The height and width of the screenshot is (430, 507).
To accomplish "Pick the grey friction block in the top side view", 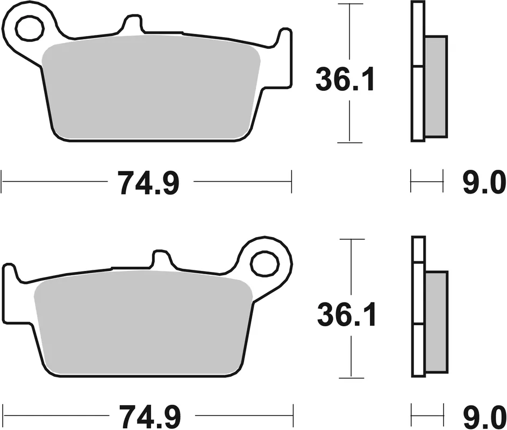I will click(x=436, y=85).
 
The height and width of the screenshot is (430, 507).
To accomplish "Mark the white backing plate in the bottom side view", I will click(x=418, y=306).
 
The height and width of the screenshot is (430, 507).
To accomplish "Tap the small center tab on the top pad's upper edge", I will click(x=132, y=24).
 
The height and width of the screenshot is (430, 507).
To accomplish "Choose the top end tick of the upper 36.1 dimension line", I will click(x=350, y=4).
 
